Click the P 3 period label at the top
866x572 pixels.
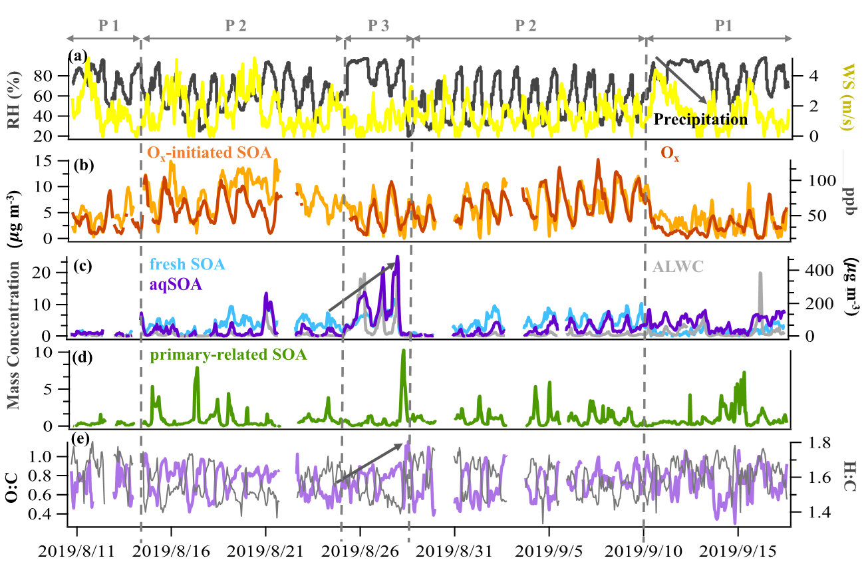click(378, 26)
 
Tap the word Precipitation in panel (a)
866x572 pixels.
click(700, 120)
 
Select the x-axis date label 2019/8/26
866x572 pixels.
click(360, 551)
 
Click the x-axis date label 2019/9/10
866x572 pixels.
click(643, 551)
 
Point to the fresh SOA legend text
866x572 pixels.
click(188, 264)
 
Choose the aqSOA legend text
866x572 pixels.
click(176, 285)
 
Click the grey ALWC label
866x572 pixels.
click(678, 267)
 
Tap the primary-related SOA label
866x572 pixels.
click(229, 355)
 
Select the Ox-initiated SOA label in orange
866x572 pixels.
click(209, 153)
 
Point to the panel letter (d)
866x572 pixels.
click(82, 358)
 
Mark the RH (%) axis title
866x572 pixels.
click(15, 100)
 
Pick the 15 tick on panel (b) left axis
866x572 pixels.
click(43, 161)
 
